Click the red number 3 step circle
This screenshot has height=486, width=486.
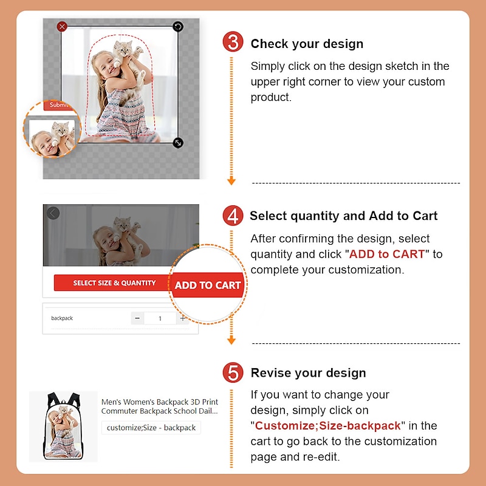pyautogui.click(x=233, y=42)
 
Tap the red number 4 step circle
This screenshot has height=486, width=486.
pyautogui.click(x=233, y=216)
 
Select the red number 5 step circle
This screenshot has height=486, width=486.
pyautogui.click(x=233, y=372)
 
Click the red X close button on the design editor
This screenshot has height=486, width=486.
pyautogui.click(x=62, y=27)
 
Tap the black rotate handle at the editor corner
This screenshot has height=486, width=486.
pyautogui.click(x=177, y=26)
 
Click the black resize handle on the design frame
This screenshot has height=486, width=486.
pyautogui.click(x=177, y=143)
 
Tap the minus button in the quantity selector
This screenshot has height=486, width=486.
pyautogui.click(x=137, y=318)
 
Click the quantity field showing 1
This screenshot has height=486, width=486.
pyautogui.click(x=160, y=318)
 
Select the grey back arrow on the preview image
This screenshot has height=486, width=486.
pyautogui.click(x=53, y=213)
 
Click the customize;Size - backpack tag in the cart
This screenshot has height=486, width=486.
pyautogui.click(x=151, y=428)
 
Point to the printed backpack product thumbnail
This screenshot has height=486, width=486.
pyautogui.click(x=63, y=426)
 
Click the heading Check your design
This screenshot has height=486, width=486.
pyautogui.click(x=307, y=44)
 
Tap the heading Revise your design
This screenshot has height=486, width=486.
pyautogui.click(x=309, y=372)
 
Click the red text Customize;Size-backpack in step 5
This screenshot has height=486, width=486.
pyautogui.click(x=327, y=426)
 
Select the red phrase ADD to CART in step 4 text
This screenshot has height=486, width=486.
pyautogui.click(x=386, y=254)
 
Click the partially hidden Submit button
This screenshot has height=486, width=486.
pyautogui.click(x=59, y=105)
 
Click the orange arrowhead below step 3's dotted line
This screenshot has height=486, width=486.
pyautogui.click(x=231, y=181)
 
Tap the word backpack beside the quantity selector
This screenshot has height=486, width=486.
pyautogui.click(x=62, y=318)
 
